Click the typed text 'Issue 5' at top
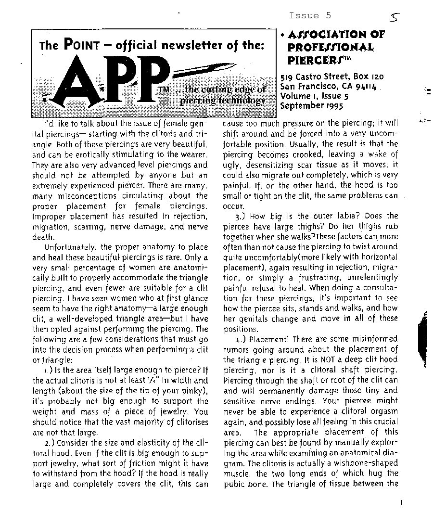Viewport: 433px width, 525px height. (x=310, y=15)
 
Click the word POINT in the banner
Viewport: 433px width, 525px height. (x=81, y=46)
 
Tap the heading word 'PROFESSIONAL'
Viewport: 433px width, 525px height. (x=331, y=47)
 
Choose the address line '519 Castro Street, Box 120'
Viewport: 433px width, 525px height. (x=332, y=77)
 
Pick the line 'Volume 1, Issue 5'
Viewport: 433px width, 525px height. (x=315, y=96)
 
